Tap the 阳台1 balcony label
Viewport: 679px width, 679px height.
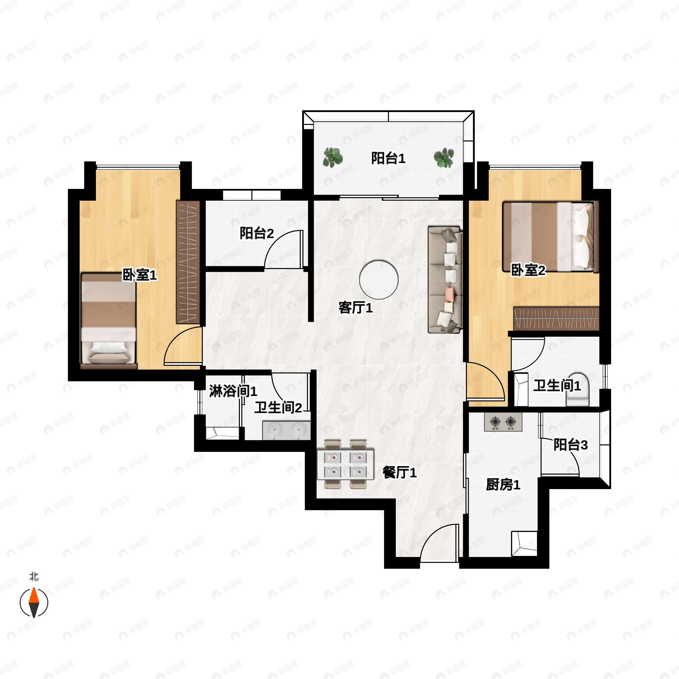coord(388,158)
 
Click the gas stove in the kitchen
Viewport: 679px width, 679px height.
coord(503,422)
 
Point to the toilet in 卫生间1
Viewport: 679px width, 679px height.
coord(577,390)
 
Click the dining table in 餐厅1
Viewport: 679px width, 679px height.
coord(345,464)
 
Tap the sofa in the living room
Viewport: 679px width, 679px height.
coord(444,280)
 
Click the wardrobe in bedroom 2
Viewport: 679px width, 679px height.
coord(556,318)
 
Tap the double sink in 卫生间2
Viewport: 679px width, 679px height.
coord(286,431)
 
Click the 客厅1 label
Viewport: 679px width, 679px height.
coord(355,308)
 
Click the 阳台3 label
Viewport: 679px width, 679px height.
coord(570,445)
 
